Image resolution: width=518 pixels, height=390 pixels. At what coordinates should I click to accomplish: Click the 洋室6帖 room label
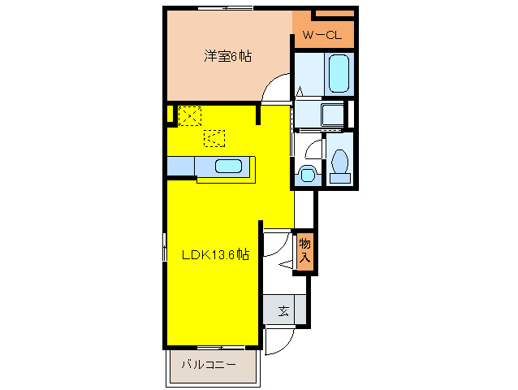[x=227, y=57]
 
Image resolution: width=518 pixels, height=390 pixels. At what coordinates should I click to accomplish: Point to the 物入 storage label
[x=304, y=250]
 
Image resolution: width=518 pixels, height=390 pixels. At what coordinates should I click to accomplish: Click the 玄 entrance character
[x=283, y=310]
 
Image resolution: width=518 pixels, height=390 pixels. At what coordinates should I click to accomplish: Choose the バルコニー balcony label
[x=209, y=365]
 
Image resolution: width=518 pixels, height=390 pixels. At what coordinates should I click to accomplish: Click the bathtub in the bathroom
[x=339, y=74]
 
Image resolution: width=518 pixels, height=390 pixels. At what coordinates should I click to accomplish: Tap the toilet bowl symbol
[x=339, y=162]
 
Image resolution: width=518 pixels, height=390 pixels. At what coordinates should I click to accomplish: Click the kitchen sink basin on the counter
[x=228, y=167]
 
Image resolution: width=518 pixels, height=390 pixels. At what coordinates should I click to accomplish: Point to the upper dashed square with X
[x=189, y=116]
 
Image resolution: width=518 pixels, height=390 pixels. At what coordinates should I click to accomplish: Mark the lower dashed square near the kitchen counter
[x=214, y=140]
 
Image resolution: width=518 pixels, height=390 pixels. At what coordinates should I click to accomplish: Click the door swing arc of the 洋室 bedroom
[x=278, y=84]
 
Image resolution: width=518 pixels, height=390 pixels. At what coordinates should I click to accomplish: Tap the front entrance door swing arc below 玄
[x=276, y=342]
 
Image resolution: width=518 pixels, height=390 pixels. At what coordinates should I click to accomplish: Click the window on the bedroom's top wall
[x=225, y=8]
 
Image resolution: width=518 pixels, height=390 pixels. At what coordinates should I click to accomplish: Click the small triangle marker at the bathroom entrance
[x=299, y=91]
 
